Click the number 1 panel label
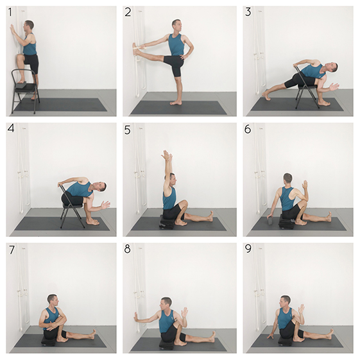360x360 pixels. click(10, 12)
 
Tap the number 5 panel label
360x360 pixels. click(128, 130)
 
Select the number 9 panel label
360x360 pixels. click(248, 248)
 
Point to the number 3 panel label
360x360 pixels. click(248, 12)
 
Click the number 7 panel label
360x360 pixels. click(12, 250)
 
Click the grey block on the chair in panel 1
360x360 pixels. click(21, 85)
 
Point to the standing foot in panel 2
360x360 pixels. click(176, 103)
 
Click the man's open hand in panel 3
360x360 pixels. click(334, 87)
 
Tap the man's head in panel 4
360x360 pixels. click(101, 187)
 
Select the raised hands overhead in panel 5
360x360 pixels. click(167, 156)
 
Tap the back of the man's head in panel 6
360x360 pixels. click(287, 178)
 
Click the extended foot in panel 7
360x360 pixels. click(92, 334)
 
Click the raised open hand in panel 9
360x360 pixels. click(301, 309)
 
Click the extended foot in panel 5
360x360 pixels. click(210, 216)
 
